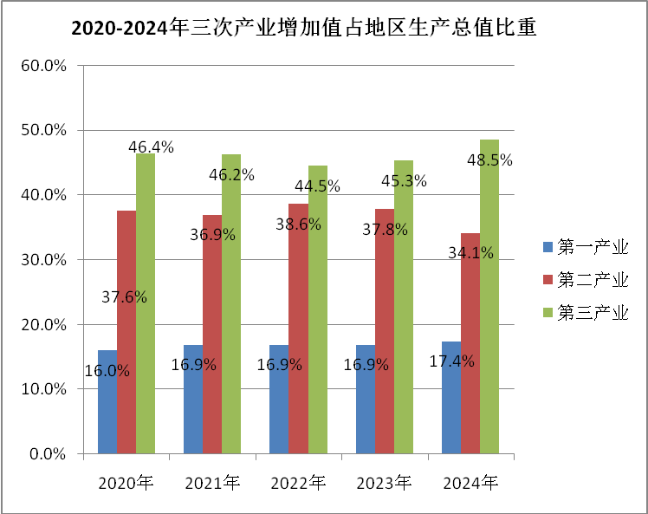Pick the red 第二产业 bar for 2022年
[298, 347]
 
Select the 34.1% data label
[471, 253]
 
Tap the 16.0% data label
[107, 371]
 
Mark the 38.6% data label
[299, 224]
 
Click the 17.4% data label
[452, 361]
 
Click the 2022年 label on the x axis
[298, 483]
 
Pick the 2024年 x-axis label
[470, 483]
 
